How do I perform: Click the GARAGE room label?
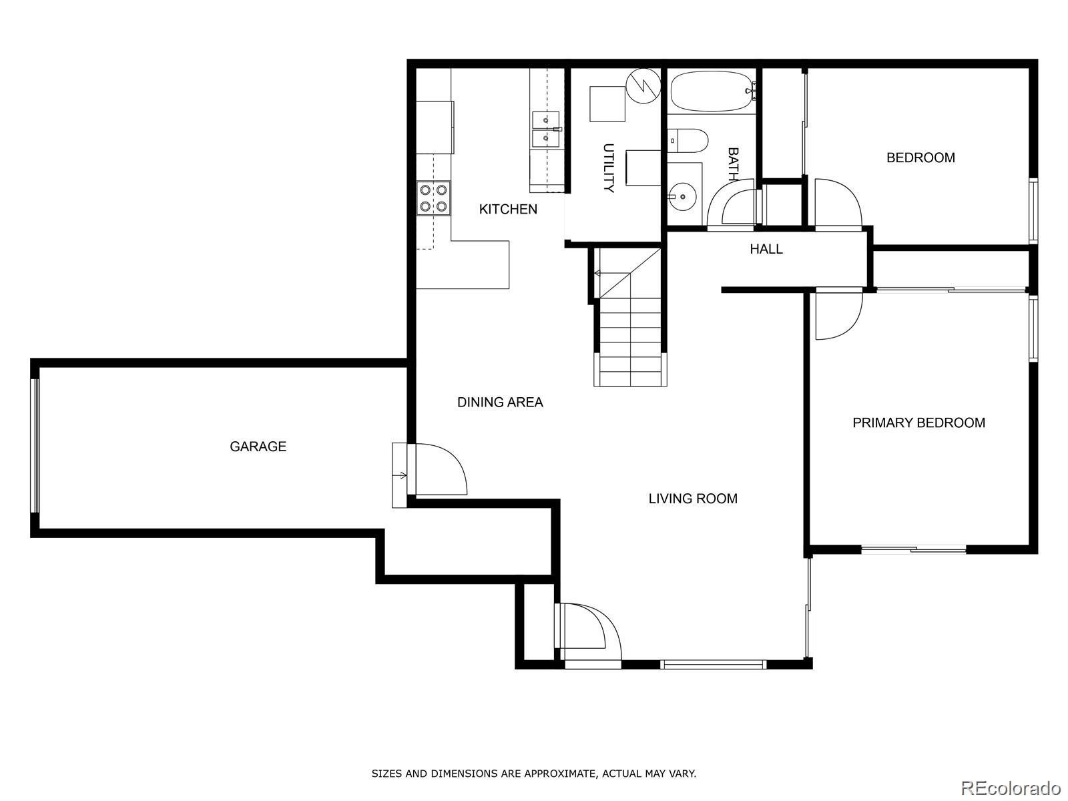258,447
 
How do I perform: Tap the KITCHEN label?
508,210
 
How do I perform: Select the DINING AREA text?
500,402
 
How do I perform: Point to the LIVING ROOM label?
693,499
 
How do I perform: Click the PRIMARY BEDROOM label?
918,423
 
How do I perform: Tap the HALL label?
766,249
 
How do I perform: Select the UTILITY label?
608,168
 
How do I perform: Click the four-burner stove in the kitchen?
433,198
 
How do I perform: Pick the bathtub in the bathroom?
712,91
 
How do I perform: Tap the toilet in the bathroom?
688,140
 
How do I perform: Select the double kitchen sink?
547,129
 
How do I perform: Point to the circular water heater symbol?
643,85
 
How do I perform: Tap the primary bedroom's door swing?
838,314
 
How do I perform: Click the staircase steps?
630,340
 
